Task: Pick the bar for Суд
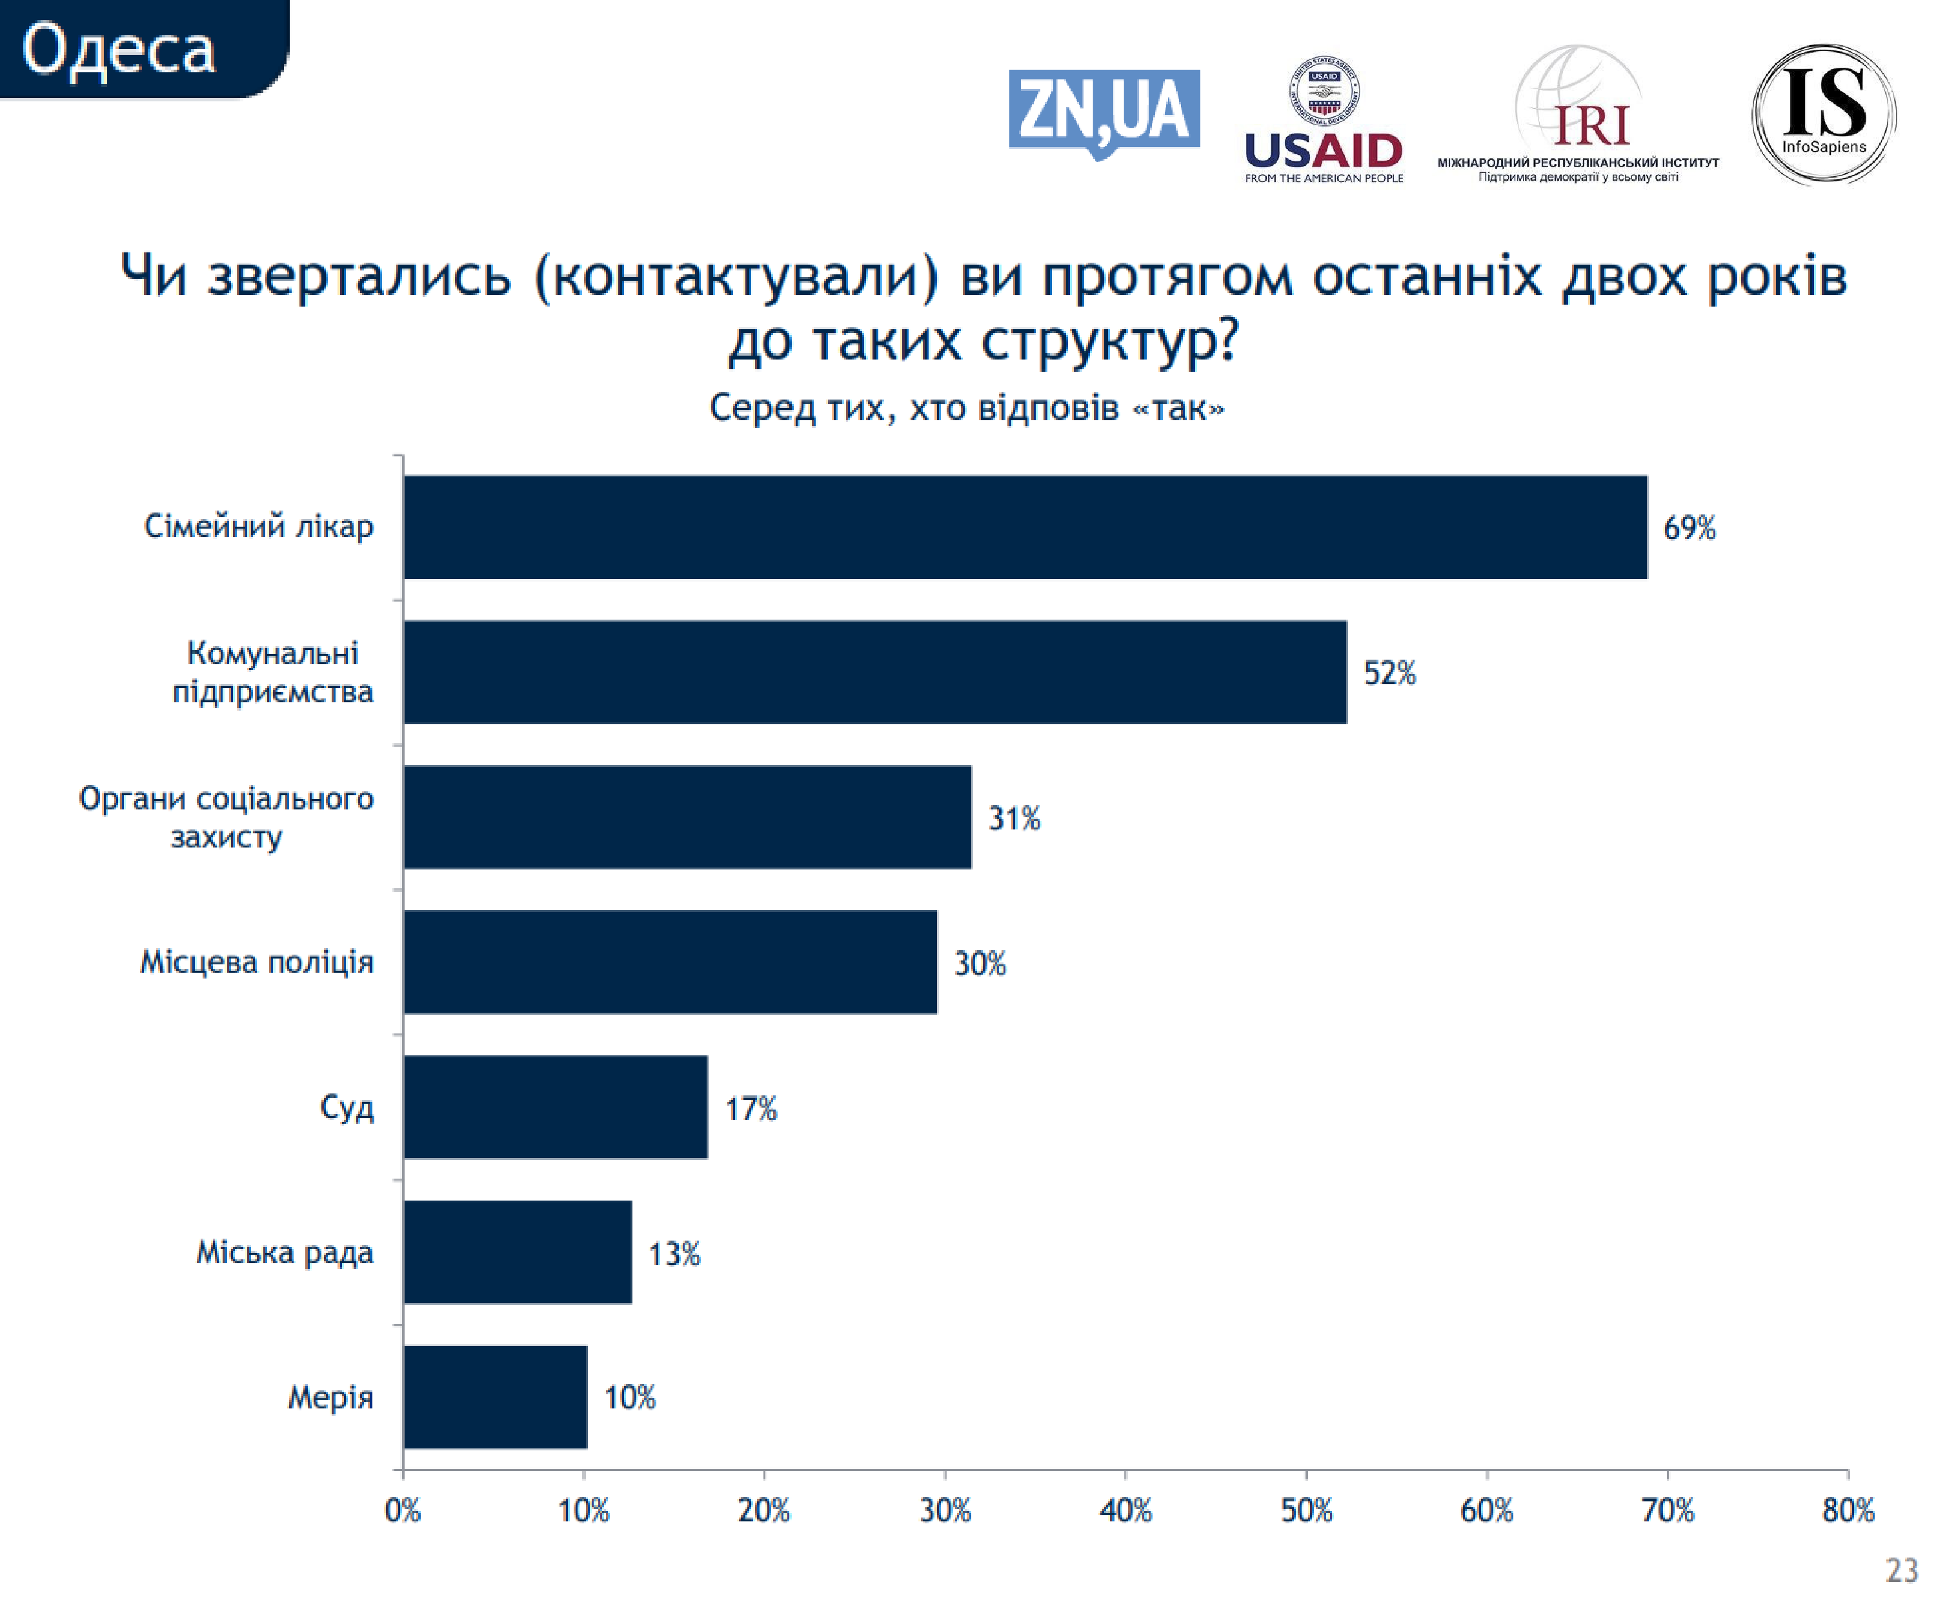[x=555, y=1106]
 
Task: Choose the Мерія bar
[x=495, y=1397]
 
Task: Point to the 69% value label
[x=1689, y=528]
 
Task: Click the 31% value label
[x=1014, y=818]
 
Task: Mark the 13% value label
[x=674, y=1254]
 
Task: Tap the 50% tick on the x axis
[x=1306, y=1511]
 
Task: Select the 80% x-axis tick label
[x=1848, y=1511]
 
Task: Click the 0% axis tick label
[x=403, y=1511]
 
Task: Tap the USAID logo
[x=1323, y=120]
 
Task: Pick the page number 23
[x=1901, y=1570]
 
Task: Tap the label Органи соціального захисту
[x=227, y=817]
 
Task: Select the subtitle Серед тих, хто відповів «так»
[x=966, y=407]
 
